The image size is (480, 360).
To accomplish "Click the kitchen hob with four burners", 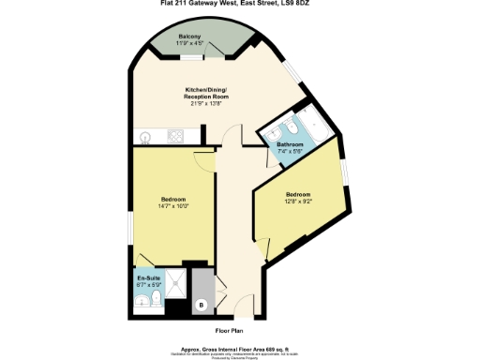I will (175, 136).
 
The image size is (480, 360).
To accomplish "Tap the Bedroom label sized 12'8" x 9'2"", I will (299, 194).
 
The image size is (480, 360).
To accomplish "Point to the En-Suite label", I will (148, 278).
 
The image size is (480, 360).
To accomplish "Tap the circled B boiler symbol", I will (201, 305).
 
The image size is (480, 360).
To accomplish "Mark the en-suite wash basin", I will (142, 301).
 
